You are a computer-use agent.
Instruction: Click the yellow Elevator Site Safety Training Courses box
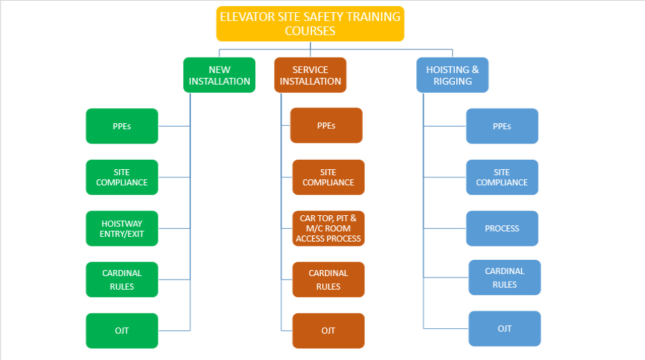click(310, 24)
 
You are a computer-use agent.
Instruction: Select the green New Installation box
click(219, 75)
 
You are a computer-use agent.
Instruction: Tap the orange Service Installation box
click(310, 75)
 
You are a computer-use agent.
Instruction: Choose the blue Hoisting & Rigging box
click(452, 75)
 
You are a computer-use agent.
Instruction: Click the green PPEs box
click(122, 126)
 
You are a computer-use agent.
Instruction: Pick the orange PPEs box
click(326, 125)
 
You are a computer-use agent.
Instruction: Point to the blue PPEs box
click(502, 126)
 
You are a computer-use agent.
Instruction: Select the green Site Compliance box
click(122, 177)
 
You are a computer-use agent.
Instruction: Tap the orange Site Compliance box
click(328, 177)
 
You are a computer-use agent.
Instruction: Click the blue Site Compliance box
click(502, 177)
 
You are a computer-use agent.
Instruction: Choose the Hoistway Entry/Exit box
click(122, 229)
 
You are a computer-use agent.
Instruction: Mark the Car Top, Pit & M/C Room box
click(328, 229)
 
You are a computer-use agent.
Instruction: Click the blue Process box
click(502, 229)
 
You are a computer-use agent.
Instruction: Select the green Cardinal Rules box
click(122, 279)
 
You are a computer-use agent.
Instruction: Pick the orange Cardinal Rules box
click(328, 279)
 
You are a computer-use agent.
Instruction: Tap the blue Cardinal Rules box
click(504, 277)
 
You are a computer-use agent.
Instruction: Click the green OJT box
click(122, 331)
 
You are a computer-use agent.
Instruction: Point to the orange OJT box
click(328, 331)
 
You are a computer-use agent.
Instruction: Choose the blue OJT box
click(504, 329)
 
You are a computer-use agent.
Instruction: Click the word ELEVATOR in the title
click(245, 17)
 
